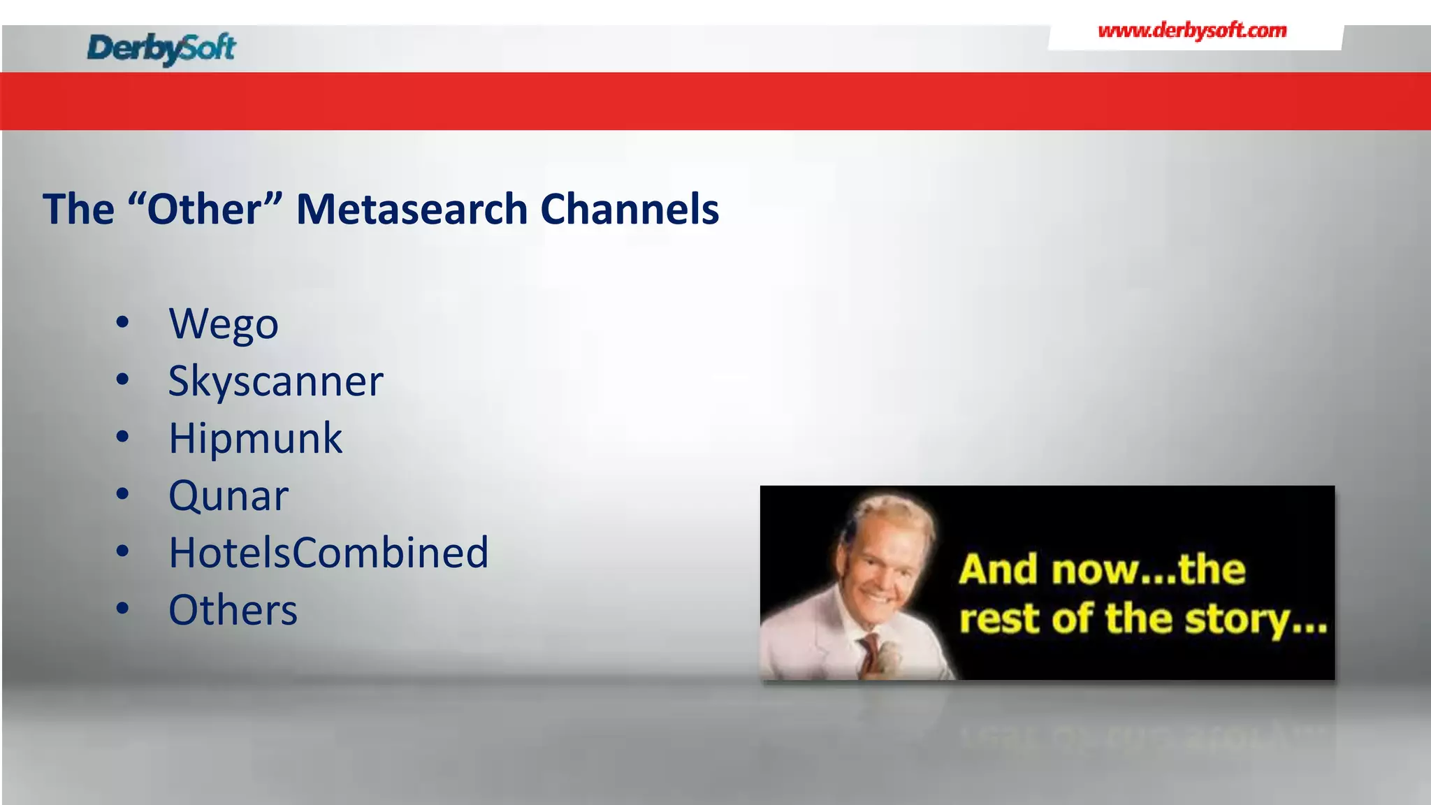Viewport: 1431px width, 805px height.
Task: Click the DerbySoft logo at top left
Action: coord(161,48)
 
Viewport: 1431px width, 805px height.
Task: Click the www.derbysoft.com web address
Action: coord(1192,31)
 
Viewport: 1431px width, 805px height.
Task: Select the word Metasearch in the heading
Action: coord(412,209)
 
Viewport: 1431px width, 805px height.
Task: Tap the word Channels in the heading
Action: coord(629,209)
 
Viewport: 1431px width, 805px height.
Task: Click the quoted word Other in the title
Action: coord(204,209)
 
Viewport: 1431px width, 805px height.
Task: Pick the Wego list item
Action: coord(224,324)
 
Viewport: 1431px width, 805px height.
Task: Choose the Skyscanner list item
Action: coord(275,382)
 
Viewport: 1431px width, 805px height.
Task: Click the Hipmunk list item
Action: coord(255,439)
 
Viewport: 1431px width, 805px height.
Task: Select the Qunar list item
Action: coord(228,496)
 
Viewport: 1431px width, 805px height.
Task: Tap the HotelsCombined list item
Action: coord(328,553)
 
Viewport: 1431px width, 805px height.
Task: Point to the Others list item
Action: coord(233,610)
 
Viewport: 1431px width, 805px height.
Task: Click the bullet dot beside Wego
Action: coord(123,323)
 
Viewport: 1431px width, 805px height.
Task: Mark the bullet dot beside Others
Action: coord(123,609)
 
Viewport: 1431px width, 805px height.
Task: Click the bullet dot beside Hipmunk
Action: coord(123,437)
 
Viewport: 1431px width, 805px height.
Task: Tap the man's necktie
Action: coord(869,654)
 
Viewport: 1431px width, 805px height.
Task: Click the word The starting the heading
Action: coord(78,209)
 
